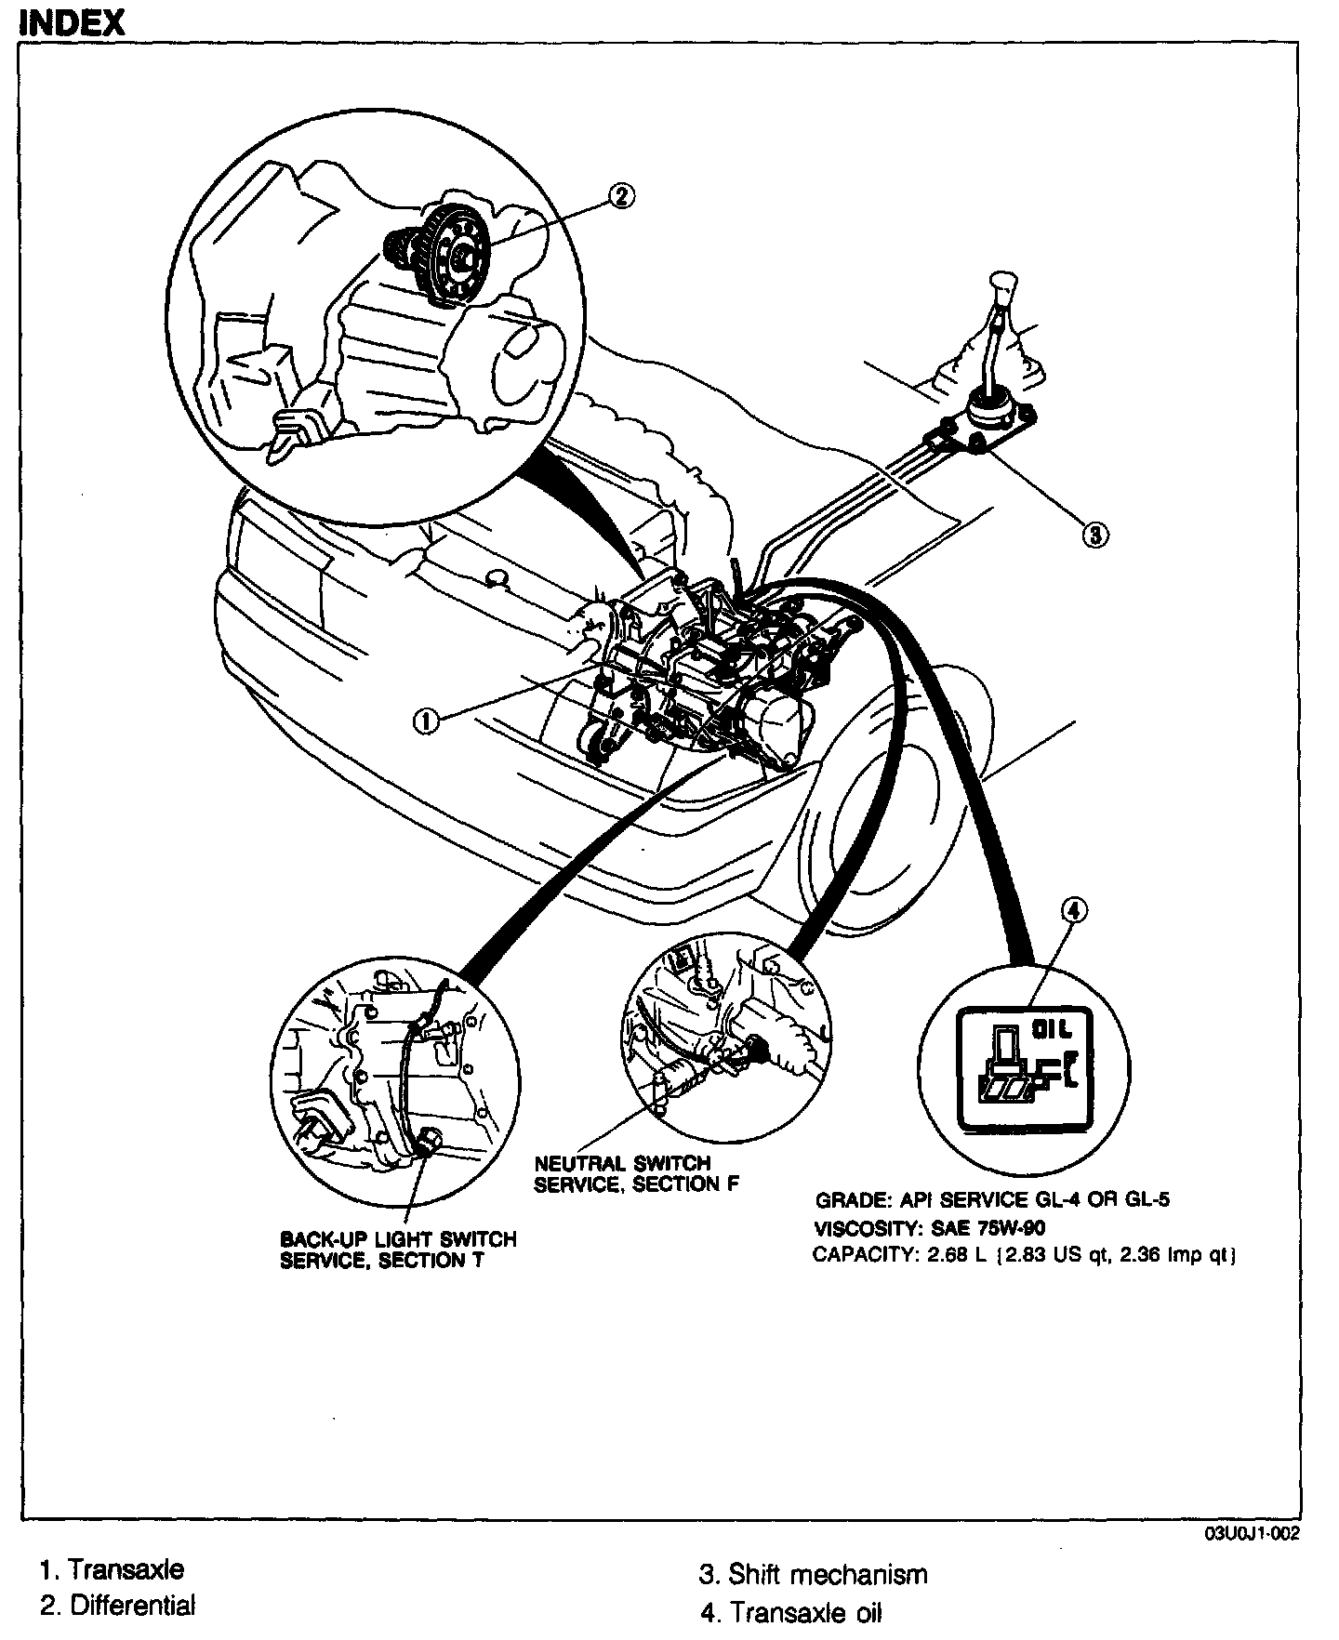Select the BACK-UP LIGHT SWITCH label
[x=398, y=1239]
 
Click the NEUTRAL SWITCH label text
[x=622, y=1163]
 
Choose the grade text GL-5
[x=1140, y=1199]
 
